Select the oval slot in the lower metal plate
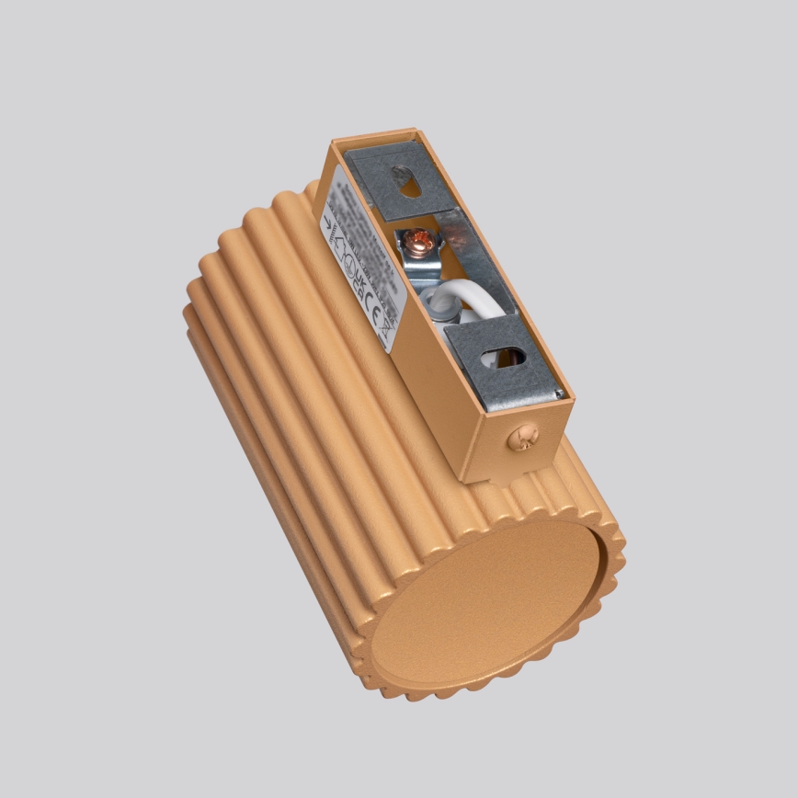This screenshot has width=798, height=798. (510, 355)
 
